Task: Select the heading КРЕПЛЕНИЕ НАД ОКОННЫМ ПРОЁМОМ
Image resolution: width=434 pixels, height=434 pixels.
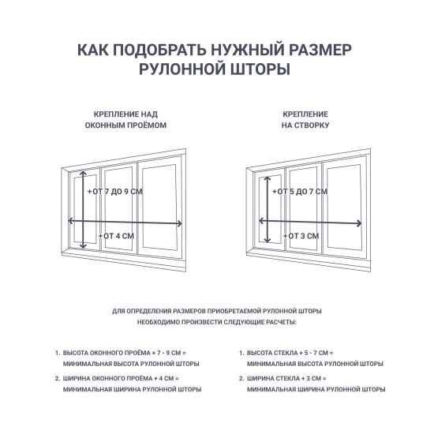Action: (x=125, y=120)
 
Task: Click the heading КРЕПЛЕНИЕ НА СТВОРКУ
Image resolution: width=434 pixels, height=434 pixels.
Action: (x=305, y=120)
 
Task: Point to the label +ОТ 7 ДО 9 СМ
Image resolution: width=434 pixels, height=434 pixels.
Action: (x=115, y=192)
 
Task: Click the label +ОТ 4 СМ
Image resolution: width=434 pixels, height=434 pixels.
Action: (x=116, y=236)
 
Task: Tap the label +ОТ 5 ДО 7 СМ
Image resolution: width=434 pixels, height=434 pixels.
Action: (x=300, y=192)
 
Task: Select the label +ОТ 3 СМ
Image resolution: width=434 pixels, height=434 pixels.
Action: (x=301, y=236)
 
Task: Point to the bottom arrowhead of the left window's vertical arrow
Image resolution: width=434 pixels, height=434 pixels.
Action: (x=83, y=247)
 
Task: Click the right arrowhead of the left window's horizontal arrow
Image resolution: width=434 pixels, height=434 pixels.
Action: (x=180, y=223)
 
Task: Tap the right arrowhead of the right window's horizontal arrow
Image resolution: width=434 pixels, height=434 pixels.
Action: (x=360, y=223)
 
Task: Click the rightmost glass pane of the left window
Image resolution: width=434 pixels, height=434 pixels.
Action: (x=159, y=207)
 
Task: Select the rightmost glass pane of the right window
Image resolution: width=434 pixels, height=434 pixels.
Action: (x=344, y=207)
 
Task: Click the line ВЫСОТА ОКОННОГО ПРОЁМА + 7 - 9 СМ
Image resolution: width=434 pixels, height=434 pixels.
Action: (x=124, y=354)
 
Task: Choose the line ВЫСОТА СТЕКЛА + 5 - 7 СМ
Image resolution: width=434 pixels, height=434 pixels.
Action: (x=290, y=354)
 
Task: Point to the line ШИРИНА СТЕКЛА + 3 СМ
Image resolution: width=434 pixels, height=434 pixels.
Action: (x=286, y=379)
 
